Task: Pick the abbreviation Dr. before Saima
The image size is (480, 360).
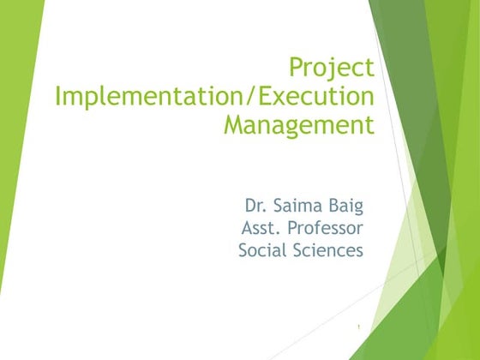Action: tap(255, 206)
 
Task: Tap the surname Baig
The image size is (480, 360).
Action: tap(345, 206)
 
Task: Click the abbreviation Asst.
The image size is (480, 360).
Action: tap(261, 228)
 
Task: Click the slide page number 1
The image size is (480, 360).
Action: tap(360, 326)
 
